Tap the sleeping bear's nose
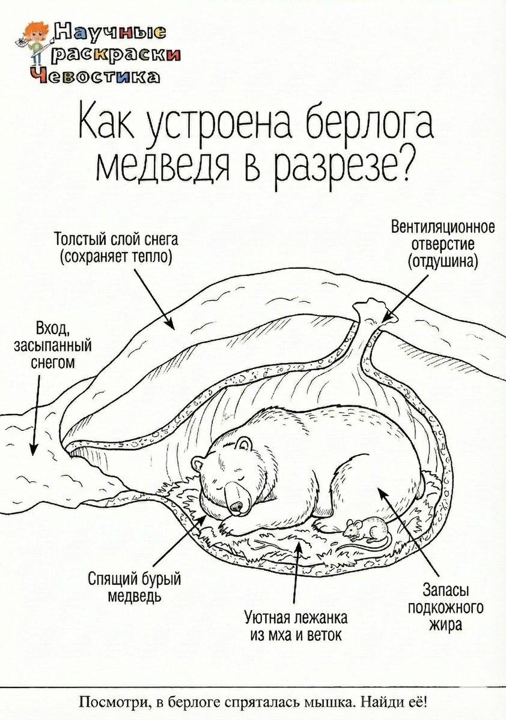point(237,506)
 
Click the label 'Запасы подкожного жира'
point(445,607)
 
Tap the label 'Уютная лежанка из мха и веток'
point(296,626)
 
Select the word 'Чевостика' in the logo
point(96,76)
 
